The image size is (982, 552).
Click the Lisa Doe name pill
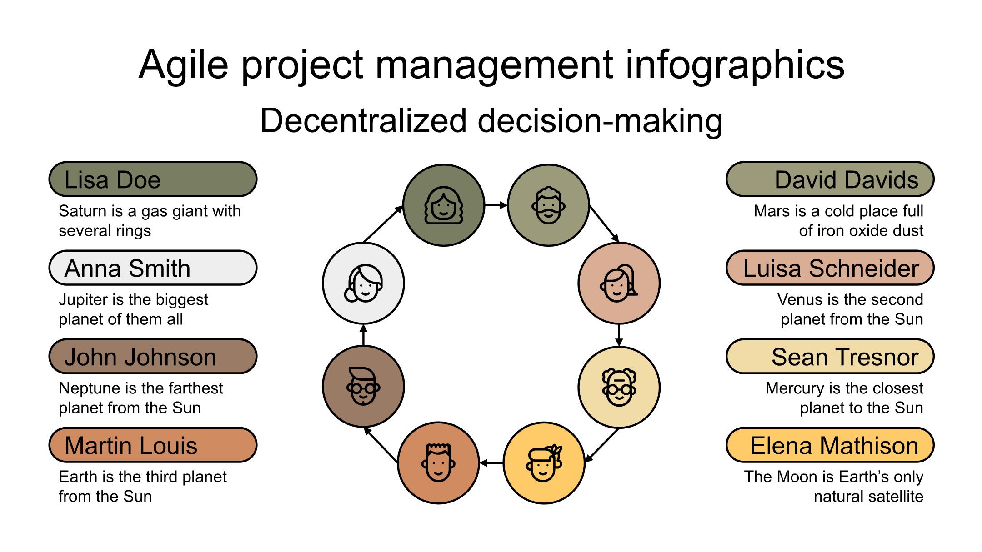coord(153,179)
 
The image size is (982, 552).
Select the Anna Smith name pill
coord(153,268)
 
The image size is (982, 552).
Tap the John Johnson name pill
coord(153,357)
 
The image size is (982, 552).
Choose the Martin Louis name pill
coord(153,445)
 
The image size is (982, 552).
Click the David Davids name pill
coord(830,179)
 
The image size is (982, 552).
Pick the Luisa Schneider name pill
coord(830,268)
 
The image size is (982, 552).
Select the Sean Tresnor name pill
coord(830,357)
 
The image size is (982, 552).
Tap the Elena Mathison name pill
coord(830,445)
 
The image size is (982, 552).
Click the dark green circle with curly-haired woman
coord(444,205)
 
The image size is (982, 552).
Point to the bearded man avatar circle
coord(548,205)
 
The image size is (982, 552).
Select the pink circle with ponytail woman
coord(619,283)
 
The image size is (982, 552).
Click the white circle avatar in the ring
coord(363,283)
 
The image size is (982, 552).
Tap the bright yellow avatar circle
coord(544,463)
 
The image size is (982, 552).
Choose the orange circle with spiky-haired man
coord(438,463)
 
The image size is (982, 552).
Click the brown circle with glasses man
coord(363,387)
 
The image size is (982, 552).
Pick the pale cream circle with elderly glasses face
coord(619,388)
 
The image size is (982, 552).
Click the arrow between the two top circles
coord(496,205)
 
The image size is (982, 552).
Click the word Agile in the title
coord(183,65)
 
